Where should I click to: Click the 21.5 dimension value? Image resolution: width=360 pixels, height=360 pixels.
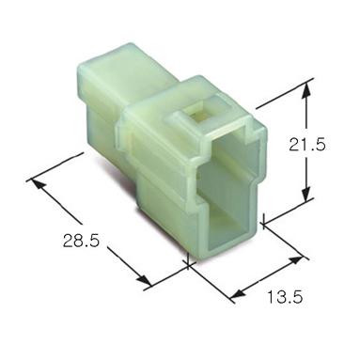(307, 145)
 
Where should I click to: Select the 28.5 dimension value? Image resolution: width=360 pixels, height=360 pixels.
(81, 241)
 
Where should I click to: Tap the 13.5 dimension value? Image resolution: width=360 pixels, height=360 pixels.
(285, 297)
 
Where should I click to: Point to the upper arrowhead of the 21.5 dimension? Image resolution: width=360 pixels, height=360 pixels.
(307, 90)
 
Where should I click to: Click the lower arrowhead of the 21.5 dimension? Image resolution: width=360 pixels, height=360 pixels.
(306, 193)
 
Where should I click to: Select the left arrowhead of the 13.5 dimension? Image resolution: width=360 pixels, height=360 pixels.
(237, 294)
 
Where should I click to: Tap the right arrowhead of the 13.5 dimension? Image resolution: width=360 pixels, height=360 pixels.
(296, 260)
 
